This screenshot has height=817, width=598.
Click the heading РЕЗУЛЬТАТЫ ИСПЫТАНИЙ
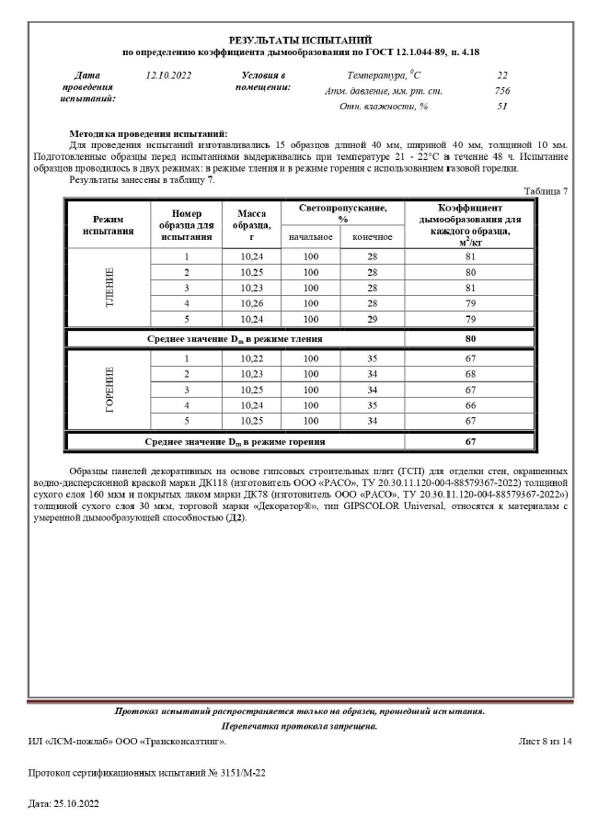pos(299,40)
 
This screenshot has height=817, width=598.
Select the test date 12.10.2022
pos(168,74)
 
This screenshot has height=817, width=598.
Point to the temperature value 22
pos(501,74)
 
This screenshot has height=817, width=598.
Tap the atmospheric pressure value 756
pos(501,90)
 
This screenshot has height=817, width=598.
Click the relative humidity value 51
pos(501,107)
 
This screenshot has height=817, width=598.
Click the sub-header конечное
pos(373,237)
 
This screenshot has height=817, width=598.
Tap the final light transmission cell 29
pos(373,321)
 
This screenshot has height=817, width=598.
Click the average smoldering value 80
pos(469,338)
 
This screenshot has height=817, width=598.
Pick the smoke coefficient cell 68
pos(469,374)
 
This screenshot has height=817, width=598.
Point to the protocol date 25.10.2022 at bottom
pos(63,802)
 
